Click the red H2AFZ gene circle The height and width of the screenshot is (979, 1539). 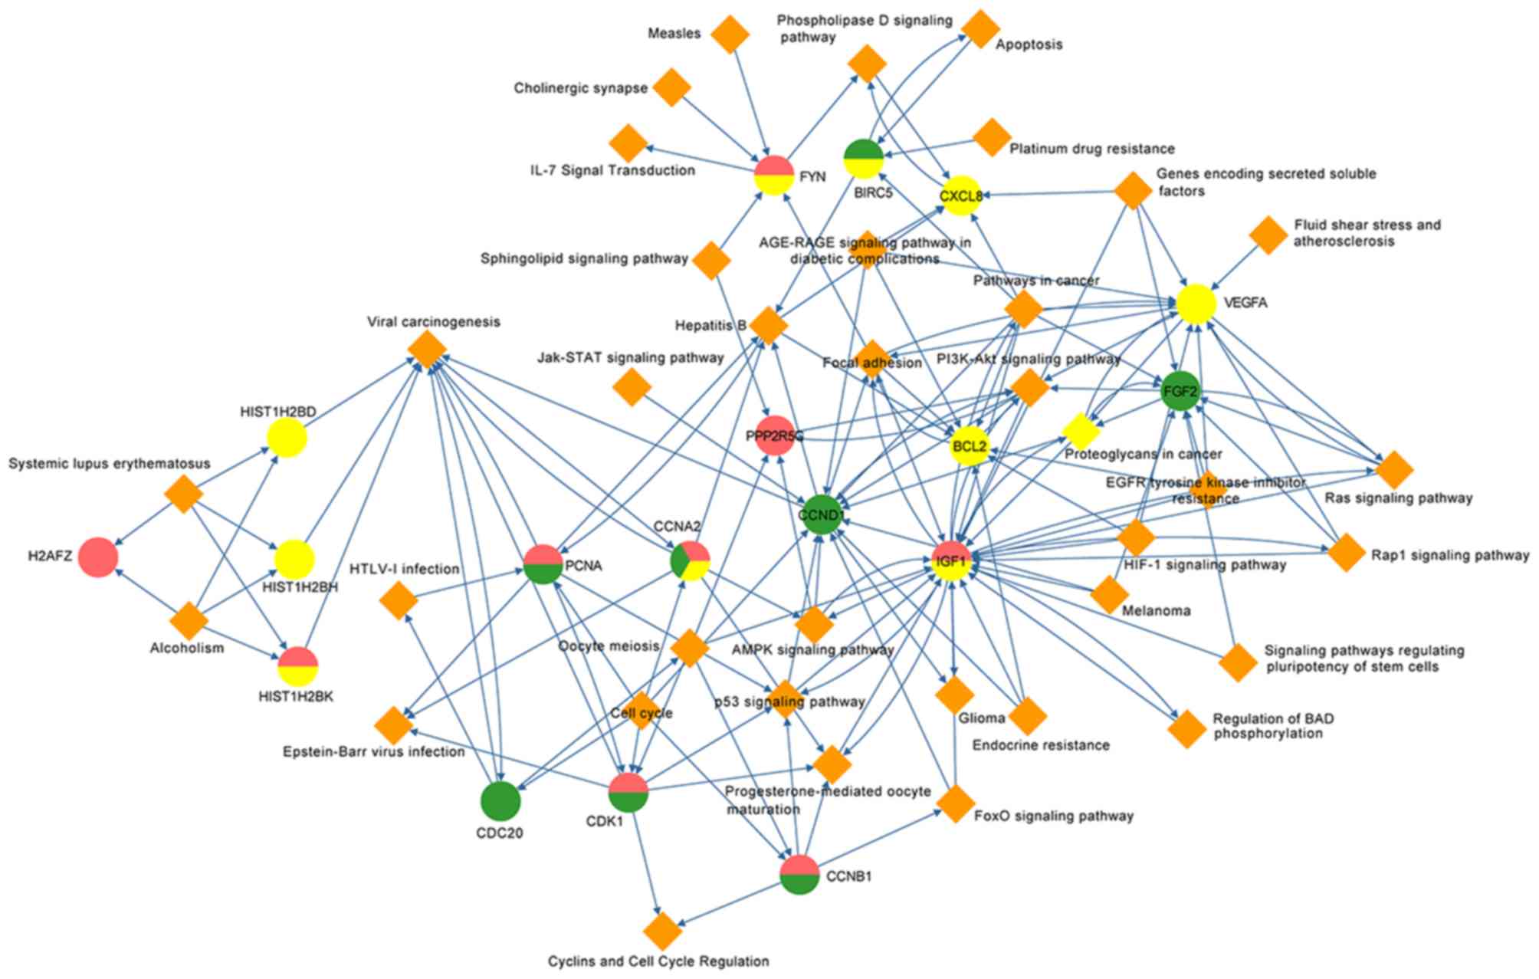click(98, 557)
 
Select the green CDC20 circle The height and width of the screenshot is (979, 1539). click(500, 802)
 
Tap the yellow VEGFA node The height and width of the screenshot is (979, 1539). click(1196, 304)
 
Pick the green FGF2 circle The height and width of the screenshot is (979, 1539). click(1180, 392)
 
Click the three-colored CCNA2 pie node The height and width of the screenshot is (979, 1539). click(691, 561)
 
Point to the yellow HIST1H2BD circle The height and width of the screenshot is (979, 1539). click(287, 439)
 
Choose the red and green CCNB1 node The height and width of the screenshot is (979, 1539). click(799, 875)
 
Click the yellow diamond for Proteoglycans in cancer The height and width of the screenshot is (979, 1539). click(1081, 432)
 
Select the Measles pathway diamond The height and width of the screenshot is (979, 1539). click(730, 34)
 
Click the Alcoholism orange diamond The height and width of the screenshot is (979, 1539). click(189, 620)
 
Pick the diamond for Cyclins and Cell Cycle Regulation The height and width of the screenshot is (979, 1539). click(663, 931)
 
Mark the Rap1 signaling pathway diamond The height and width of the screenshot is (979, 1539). click(1346, 553)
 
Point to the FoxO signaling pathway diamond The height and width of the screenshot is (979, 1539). click(955, 804)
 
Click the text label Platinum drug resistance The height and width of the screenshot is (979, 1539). click(1091, 149)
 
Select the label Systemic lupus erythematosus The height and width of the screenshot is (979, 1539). click(109, 464)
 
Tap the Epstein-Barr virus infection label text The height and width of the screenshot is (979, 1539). click(373, 752)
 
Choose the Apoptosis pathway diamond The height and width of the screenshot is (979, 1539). click(980, 29)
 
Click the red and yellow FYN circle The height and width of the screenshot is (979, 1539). click(773, 175)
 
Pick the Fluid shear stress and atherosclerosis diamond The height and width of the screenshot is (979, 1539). click(1268, 235)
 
